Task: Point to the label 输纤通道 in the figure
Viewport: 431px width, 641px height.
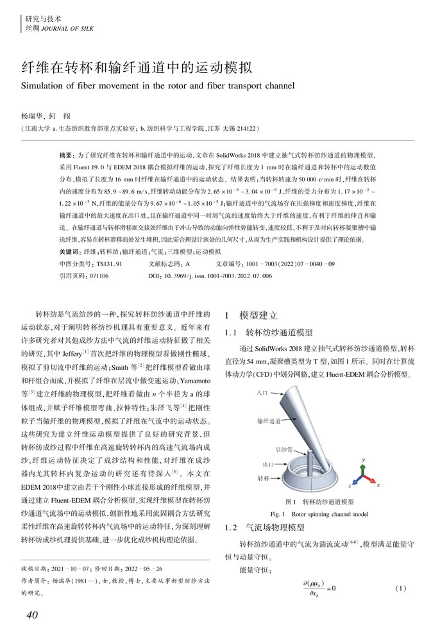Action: [x=268, y=421]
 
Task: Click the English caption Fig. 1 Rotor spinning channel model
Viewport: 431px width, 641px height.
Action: [x=319, y=514]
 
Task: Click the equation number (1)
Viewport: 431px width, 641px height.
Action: [x=401, y=588]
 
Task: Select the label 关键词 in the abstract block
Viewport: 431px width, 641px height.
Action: [x=70, y=252]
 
